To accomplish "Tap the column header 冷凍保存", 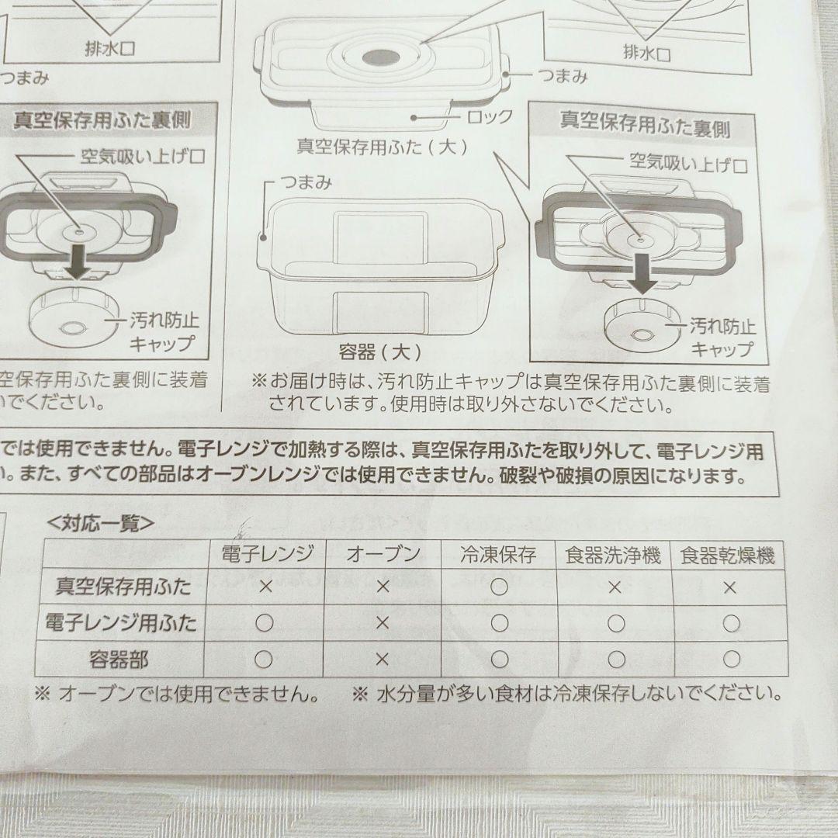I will [498, 555].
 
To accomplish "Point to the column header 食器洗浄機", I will [614, 556].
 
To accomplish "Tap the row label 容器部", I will [123, 660].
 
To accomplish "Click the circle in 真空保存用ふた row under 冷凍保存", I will [499, 587].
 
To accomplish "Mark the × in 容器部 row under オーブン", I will [382, 659].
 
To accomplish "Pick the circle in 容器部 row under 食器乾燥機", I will [731, 660].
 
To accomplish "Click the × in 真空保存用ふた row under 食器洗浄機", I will [615, 587].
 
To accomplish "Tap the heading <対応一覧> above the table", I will [100, 525].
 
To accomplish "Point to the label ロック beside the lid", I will [490, 117].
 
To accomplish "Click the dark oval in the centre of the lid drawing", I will [379, 58].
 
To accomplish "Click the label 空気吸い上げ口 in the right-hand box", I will [687, 164].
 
